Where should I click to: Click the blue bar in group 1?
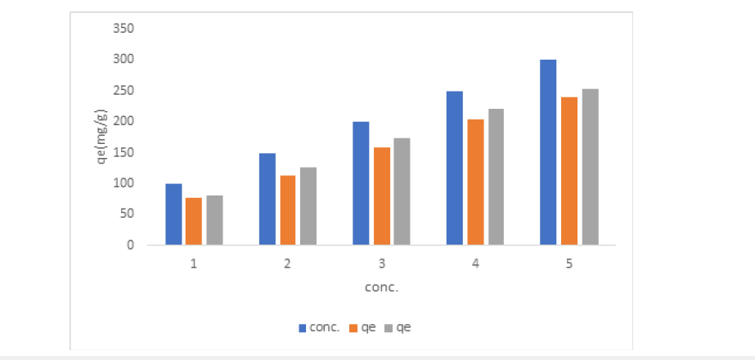click(x=174, y=214)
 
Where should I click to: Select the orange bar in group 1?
click(x=194, y=221)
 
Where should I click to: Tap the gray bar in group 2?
click(x=308, y=206)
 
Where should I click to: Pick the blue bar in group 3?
click(x=361, y=183)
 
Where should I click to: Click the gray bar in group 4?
click(x=496, y=177)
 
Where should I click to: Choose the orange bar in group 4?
click(x=476, y=182)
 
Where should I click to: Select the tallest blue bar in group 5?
click(x=548, y=152)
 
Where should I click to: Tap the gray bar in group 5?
click(x=591, y=167)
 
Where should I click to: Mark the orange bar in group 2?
click(x=287, y=210)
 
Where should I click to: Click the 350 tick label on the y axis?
click(x=124, y=29)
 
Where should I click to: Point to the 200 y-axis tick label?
click(x=124, y=121)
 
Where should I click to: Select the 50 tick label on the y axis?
click(x=127, y=214)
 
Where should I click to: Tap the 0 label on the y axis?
click(x=130, y=245)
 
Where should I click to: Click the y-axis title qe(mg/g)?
click(x=101, y=137)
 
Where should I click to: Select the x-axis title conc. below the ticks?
click(x=382, y=288)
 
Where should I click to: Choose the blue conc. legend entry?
click(x=319, y=328)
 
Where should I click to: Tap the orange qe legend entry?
click(x=362, y=328)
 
